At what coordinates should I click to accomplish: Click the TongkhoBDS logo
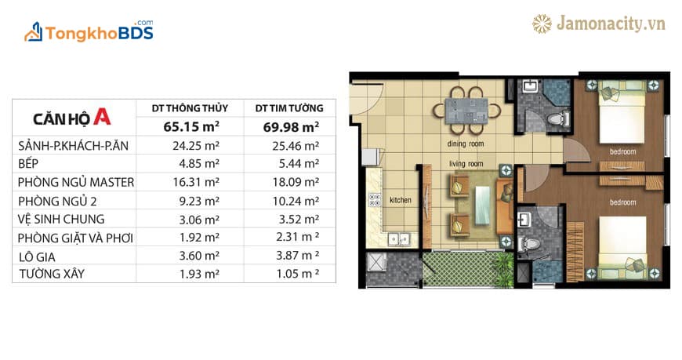point(89,31)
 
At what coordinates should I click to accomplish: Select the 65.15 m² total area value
point(191,127)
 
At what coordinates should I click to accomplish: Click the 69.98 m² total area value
point(291,127)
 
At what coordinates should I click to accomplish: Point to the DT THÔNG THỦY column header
point(190,108)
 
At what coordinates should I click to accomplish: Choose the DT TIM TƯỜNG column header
point(289,108)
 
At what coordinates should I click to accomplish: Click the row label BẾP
point(28,164)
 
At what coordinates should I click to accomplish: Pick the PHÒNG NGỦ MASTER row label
point(76,182)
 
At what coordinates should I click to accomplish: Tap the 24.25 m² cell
point(196,146)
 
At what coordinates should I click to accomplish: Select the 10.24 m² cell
point(296,201)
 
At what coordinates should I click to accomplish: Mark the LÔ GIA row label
point(37,256)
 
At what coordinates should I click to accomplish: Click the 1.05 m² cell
point(298,274)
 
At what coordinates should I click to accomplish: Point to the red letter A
point(102,116)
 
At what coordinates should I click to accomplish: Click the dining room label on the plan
point(466,144)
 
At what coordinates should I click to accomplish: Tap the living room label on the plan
point(466,164)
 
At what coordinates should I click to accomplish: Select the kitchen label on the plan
point(400,200)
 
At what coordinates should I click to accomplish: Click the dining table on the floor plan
point(466,111)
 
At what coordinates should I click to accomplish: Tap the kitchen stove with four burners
point(375,200)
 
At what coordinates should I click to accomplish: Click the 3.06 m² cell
point(199,220)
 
